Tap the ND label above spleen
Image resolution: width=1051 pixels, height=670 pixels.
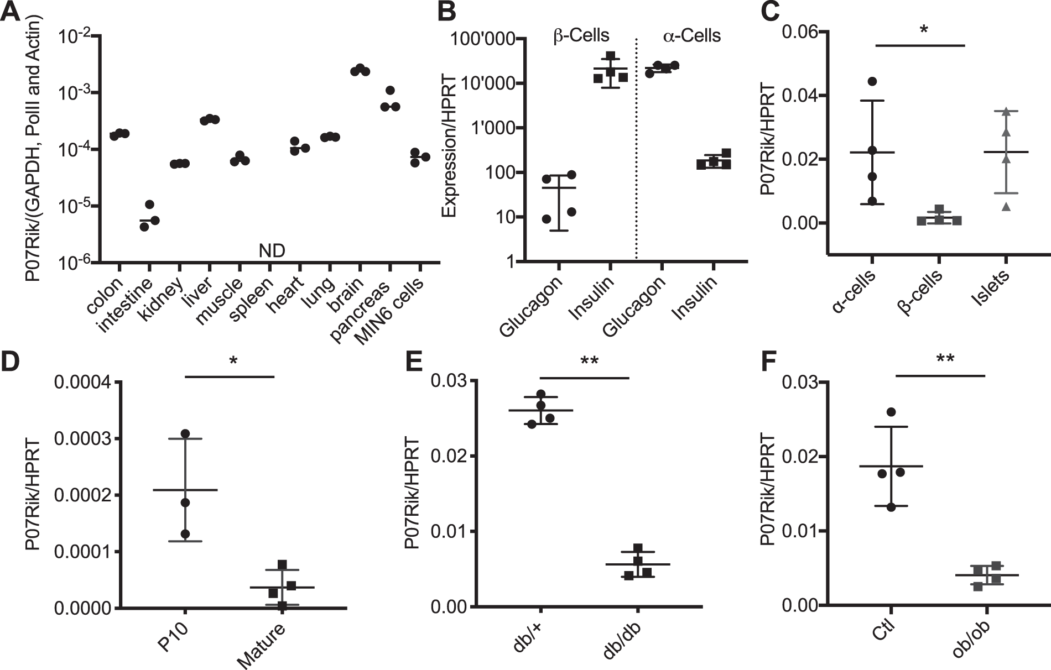point(272,251)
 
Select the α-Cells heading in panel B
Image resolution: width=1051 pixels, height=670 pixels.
point(691,36)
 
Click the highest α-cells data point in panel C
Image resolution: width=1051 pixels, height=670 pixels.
point(872,81)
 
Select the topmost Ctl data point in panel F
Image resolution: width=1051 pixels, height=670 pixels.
point(891,412)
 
